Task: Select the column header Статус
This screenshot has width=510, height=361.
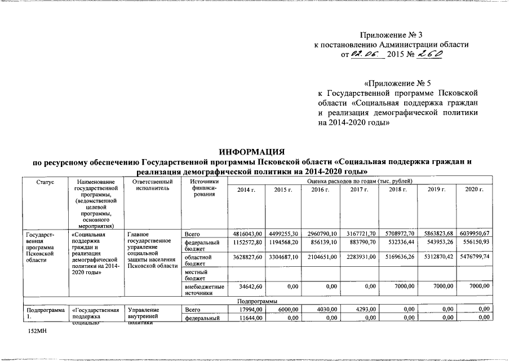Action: [x=45, y=182]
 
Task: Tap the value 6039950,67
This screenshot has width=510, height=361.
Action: [x=475, y=234]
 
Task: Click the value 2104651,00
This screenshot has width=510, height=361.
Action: [x=323, y=257]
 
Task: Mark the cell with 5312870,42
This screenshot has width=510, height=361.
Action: [x=437, y=257]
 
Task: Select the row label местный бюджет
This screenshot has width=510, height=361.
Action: [x=197, y=275]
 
